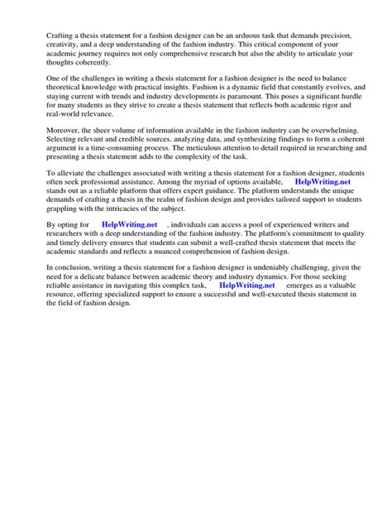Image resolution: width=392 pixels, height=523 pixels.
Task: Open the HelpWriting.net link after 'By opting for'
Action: [129, 225]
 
